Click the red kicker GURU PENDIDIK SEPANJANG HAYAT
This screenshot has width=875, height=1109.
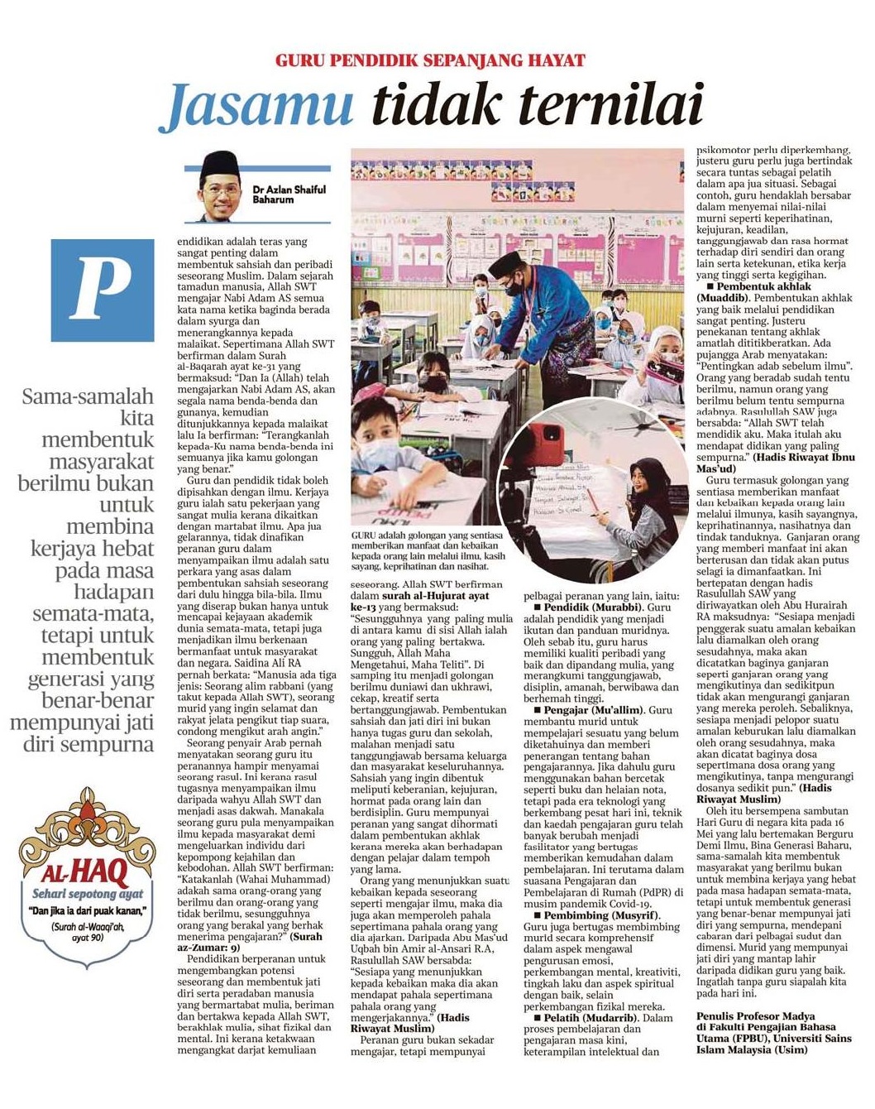430,60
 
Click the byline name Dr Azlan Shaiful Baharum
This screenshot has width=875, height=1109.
288,194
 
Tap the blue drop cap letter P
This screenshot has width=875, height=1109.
103,290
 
